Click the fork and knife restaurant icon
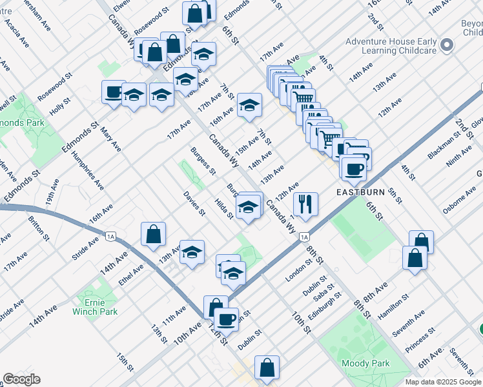click(305, 204)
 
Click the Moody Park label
click(366, 363)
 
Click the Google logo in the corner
click(21, 379)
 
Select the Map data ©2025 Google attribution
click(442, 382)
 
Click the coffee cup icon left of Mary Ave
click(114, 92)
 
